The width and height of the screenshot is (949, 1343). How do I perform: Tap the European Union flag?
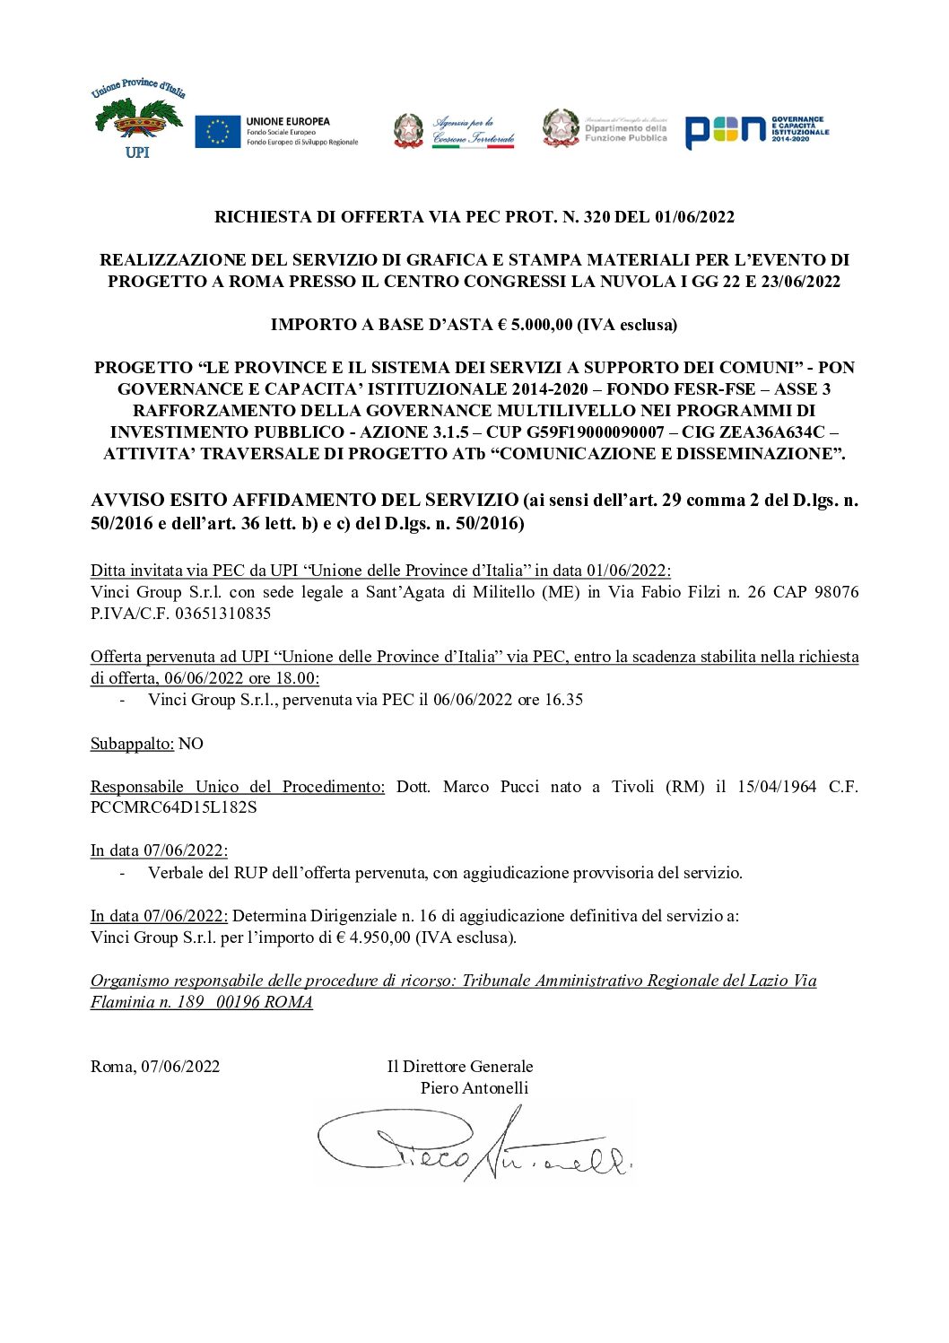click(217, 131)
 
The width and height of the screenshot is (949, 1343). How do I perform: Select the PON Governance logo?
click(756, 131)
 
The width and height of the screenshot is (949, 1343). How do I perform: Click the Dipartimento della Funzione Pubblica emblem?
click(562, 128)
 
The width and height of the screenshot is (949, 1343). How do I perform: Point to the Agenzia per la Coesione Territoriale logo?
click(455, 132)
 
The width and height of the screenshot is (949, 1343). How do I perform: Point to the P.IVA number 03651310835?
click(222, 614)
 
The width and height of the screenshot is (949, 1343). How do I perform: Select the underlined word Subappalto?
click(132, 744)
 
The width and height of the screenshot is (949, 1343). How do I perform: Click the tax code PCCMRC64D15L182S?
click(173, 807)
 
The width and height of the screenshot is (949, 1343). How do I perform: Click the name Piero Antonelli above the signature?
click(474, 1088)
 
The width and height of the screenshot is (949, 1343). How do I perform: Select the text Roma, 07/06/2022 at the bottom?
click(155, 1067)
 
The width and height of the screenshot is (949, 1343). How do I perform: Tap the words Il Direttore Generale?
click(460, 1067)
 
